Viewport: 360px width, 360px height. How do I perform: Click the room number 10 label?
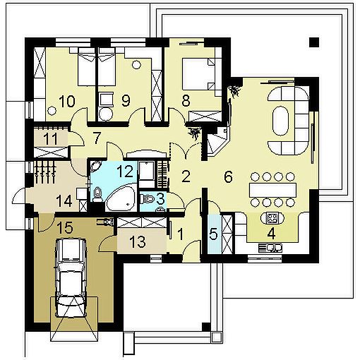(x=67, y=101)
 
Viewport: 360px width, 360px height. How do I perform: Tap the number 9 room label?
(x=126, y=101)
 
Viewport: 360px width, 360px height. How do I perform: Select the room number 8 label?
(x=186, y=101)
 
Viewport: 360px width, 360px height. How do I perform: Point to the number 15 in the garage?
(x=65, y=227)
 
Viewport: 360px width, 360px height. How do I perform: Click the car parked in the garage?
(x=70, y=277)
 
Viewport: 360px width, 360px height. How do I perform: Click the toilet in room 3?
(x=148, y=199)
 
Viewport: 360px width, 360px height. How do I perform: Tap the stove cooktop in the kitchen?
(x=272, y=218)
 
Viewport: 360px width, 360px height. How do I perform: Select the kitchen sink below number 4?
(x=270, y=248)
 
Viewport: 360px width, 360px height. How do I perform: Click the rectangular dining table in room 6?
(x=272, y=189)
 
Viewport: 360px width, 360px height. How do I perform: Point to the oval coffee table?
(x=280, y=121)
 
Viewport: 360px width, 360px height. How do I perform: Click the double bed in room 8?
(x=198, y=73)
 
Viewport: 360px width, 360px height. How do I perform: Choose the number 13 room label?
(x=138, y=241)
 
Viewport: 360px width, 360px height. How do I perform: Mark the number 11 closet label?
(x=51, y=138)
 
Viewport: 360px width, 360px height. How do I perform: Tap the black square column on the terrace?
(x=314, y=42)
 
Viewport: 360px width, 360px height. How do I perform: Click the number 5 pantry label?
(x=213, y=234)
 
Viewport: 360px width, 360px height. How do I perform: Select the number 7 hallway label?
(x=97, y=138)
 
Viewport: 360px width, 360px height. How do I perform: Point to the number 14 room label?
(x=64, y=202)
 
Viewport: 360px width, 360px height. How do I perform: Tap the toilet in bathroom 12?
(x=97, y=195)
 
